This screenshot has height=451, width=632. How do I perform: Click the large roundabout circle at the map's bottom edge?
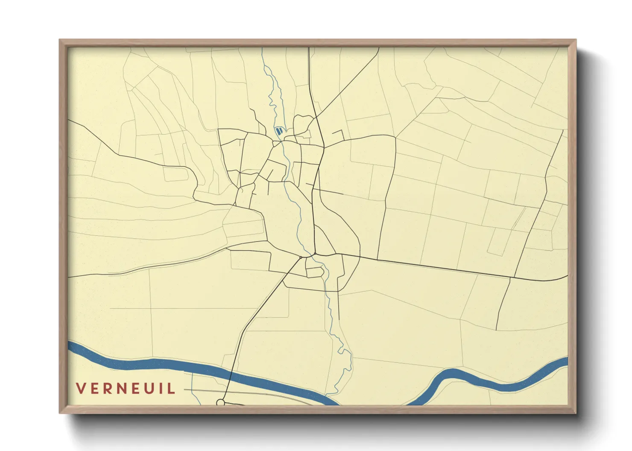click(x=220, y=402)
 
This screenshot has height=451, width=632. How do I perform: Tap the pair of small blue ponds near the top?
click(x=278, y=131)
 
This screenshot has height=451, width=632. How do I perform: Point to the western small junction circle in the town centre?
click(x=301, y=257)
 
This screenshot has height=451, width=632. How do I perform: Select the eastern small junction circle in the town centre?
click(x=315, y=254)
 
